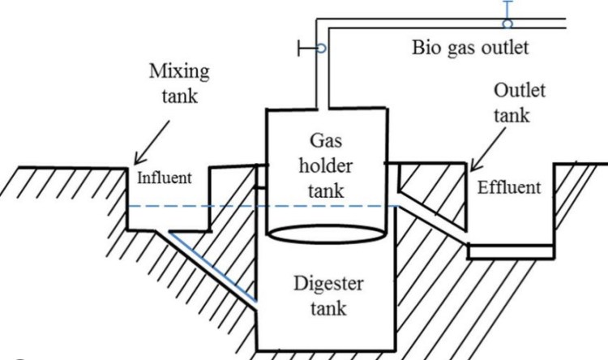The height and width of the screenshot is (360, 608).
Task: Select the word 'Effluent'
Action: (x=508, y=188)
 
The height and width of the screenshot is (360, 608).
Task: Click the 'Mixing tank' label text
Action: (x=179, y=82)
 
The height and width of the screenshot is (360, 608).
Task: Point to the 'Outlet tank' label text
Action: (x=520, y=101)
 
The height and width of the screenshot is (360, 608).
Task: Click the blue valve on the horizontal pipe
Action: (x=507, y=22)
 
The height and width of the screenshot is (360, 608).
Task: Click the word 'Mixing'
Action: (x=179, y=71)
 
